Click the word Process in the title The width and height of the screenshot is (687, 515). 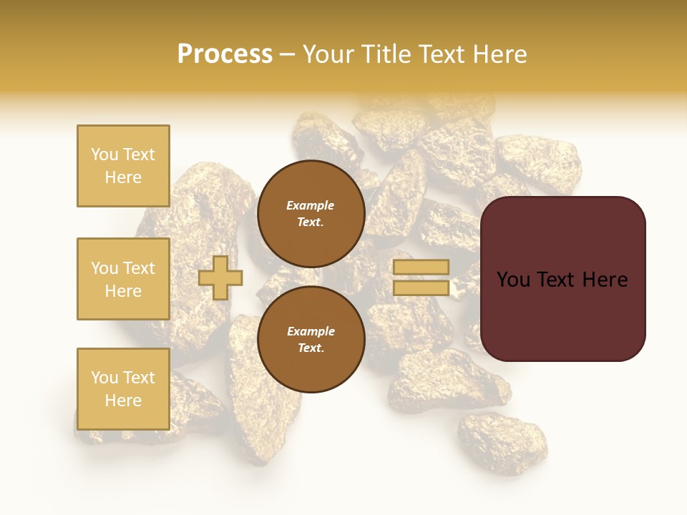225,54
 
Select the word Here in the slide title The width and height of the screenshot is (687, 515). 497,54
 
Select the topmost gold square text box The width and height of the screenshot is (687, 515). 123,166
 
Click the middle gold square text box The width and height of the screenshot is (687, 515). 123,279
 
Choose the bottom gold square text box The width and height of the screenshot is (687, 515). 123,388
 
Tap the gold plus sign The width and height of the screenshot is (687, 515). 220,278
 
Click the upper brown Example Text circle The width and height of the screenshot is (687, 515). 311,214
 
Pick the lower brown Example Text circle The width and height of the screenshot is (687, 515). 311,340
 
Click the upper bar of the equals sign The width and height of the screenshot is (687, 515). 421,267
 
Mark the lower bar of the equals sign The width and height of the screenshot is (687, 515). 421,288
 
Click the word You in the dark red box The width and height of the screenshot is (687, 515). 513,280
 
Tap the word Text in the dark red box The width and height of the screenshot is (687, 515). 559,280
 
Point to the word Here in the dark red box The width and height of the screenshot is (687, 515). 605,280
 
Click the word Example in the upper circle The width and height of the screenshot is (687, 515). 310,206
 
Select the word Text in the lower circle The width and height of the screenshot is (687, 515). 310,348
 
